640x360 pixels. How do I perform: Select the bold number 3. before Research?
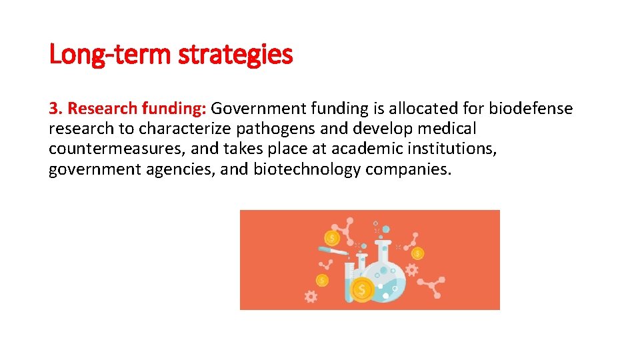[x=55, y=109]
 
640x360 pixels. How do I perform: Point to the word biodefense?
[x=531, y=109]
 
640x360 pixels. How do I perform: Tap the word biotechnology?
[x=307, y=170]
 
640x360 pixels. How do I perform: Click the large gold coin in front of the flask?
[x=362, y=289]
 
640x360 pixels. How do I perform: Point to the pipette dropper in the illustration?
[x=333, y=251]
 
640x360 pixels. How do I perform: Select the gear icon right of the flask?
[x=411, y=270]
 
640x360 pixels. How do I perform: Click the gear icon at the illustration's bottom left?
[x=310, y=297]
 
